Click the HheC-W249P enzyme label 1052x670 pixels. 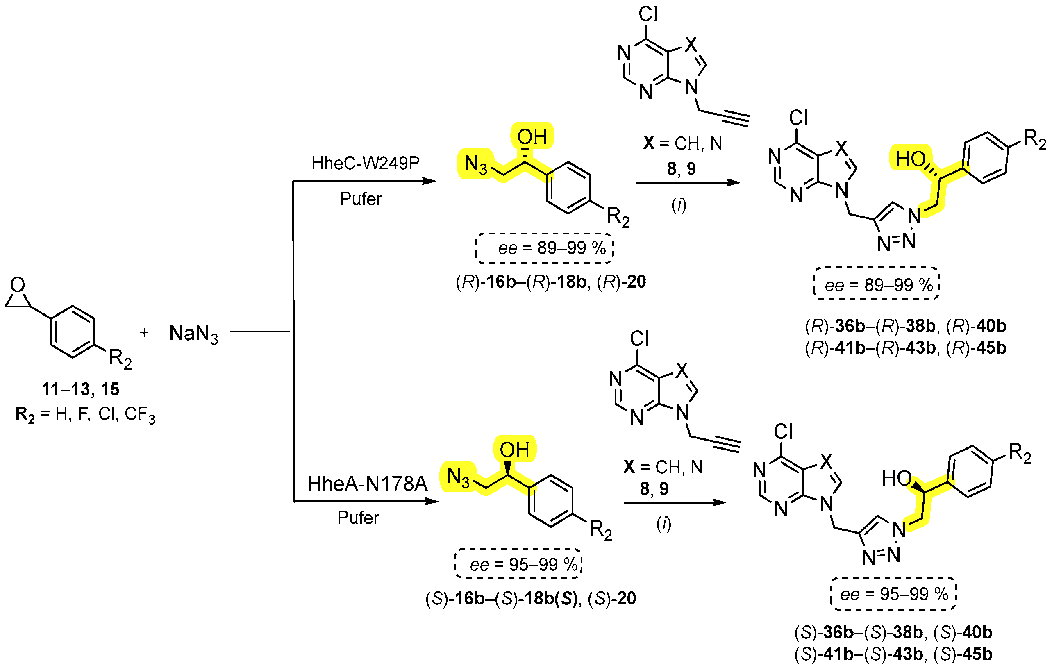point(365,164)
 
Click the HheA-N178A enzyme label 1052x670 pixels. point(367,484)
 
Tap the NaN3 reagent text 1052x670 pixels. point(193,334)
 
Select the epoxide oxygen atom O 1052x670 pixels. point(18,285)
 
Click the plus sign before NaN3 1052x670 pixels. point(144,333)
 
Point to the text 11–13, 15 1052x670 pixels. point(80,389)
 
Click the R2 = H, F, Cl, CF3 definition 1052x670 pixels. point(85,414)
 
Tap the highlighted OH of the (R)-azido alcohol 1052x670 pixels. point(532,137)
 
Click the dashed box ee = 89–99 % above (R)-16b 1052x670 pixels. point(544,248)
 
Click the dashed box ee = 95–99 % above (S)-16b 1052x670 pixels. point(518,565)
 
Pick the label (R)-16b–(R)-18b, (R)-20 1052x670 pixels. point(550,282)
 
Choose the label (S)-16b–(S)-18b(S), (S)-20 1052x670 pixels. point(531,598)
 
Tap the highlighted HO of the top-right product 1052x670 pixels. point(911,159)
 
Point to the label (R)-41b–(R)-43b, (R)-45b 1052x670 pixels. point(906,348)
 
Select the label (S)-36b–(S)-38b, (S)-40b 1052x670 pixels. point(893,632)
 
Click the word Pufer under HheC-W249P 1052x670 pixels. point(361,199)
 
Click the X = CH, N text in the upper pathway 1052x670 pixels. point(682,143)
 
